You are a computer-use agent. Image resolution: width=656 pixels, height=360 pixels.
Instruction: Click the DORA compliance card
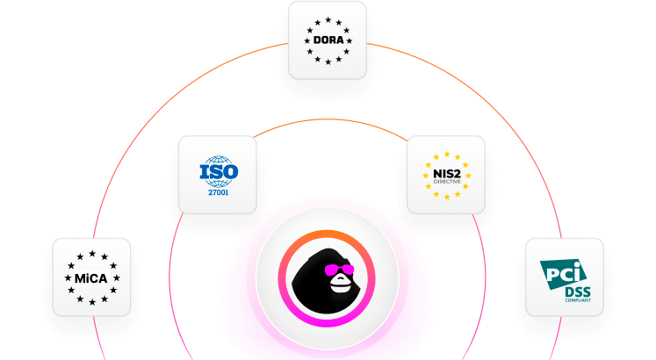click(x=328, y=40)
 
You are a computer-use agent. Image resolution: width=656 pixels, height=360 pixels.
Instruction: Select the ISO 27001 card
click(x=217, y=175)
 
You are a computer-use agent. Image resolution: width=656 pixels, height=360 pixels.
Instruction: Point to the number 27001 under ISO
click(x=217, y=191)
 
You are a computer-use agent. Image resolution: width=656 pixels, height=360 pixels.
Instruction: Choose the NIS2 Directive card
click(x=445, y=175)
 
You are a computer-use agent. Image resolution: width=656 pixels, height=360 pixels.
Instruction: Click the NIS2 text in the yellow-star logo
click(x=445, y=173)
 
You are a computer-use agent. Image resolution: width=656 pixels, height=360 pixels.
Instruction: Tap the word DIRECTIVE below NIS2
click(x=445, y=182)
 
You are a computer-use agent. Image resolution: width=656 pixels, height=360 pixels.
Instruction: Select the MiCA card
click(x=91, y=277)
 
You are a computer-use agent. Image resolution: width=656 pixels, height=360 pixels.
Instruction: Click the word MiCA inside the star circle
click(x=91, y=277)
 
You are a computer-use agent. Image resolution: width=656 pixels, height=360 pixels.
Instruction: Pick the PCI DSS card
click(x=564, y=277)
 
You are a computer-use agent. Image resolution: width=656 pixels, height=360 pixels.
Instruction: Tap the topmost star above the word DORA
click(x=328, y=18)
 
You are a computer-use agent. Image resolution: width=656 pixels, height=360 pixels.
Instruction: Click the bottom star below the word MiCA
click(x=91, y=302)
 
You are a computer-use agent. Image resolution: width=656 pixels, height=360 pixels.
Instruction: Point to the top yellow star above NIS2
click(x=445, y=153)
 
